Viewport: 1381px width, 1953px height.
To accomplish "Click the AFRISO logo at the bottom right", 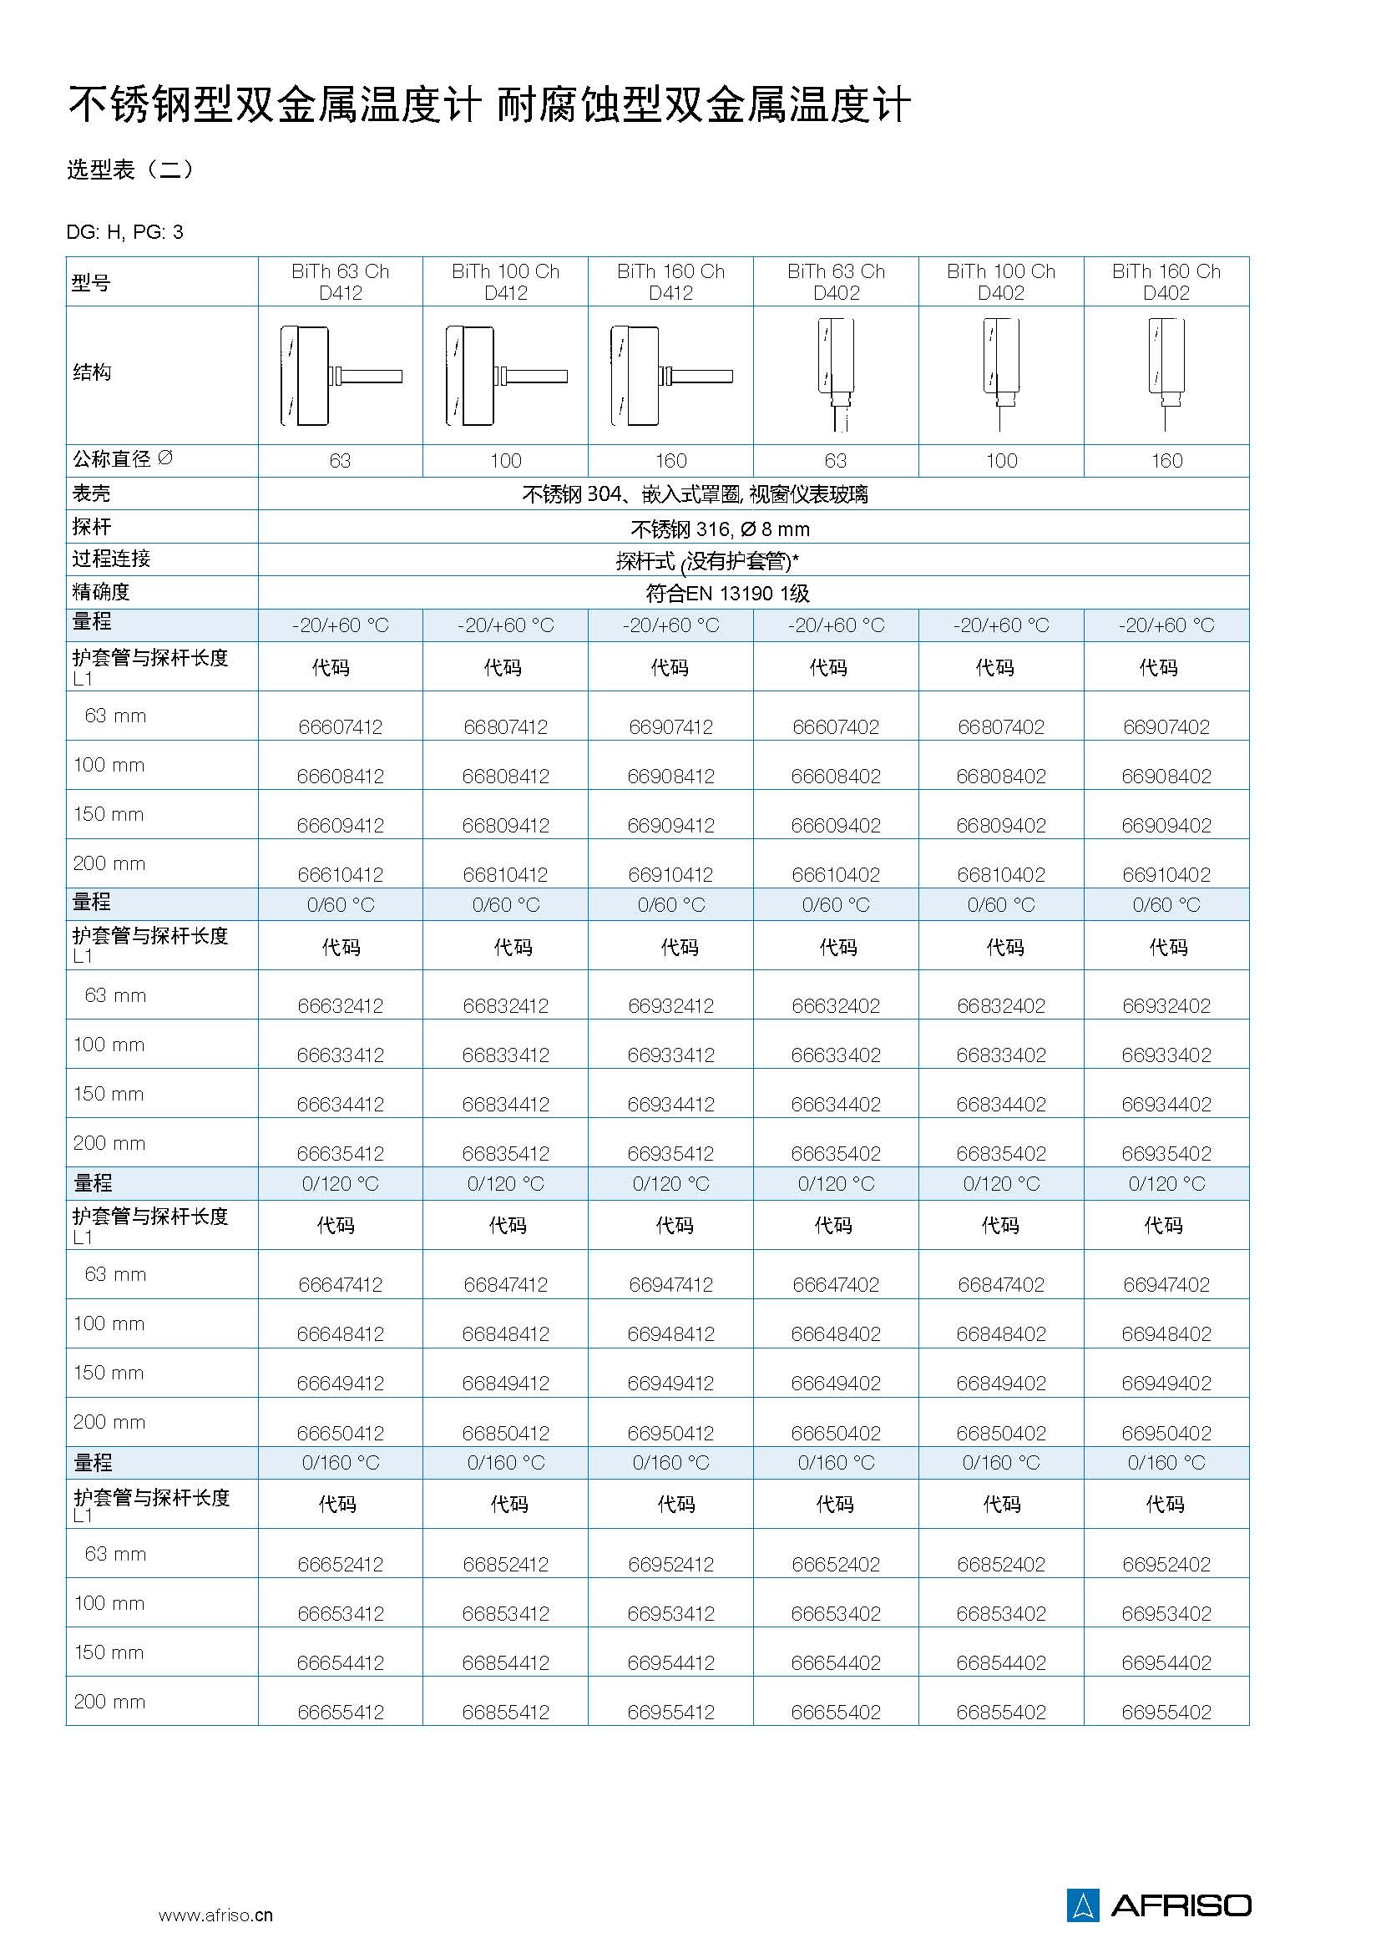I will coord(1158,1905).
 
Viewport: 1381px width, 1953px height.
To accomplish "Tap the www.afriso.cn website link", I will coord(215,1915).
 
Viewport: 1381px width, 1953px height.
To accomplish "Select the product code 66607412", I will coord(340,726).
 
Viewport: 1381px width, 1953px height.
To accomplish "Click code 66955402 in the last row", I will coord(1166,1712).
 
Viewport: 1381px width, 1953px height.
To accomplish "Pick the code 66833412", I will coord(505,1055).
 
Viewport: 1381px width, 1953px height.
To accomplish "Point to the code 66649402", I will coord(835,1383).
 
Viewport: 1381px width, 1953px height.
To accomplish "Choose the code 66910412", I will coord(670,874).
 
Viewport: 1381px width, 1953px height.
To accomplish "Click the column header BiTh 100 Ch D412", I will coord(505,281).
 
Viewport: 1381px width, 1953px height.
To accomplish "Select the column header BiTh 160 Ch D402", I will coord(1166,281).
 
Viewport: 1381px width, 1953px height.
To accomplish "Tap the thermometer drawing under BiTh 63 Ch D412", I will coord(340,375).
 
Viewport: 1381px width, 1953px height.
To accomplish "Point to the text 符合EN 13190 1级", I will coord(727,593).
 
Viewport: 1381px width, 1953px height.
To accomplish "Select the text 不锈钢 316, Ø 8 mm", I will coord(720,529).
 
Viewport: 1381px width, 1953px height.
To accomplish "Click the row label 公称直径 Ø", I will coord(123,459).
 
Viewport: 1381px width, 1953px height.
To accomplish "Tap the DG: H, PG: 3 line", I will coord(125,232).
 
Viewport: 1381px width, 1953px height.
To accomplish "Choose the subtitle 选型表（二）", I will coord(131,169).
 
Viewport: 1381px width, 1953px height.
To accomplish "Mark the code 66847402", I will coord(1001,1284).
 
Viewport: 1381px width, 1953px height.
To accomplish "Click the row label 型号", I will coord(91,282).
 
